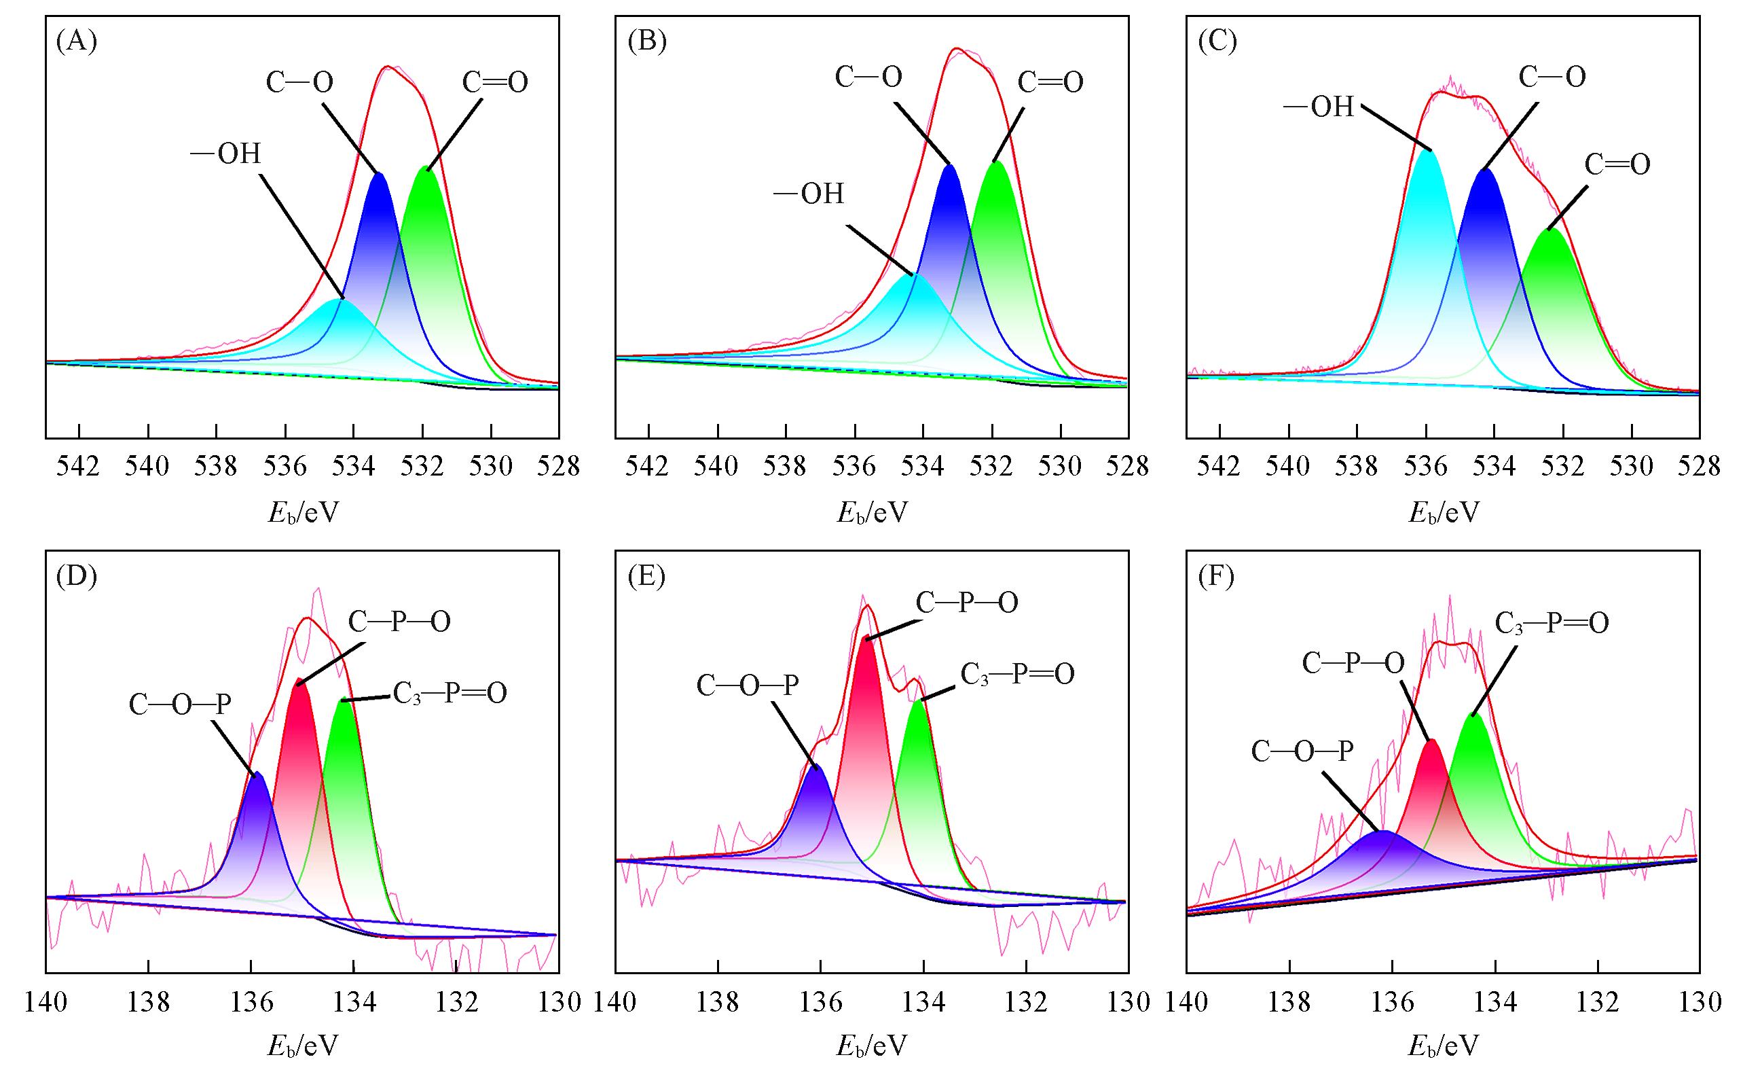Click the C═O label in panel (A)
click(x=495, y=83)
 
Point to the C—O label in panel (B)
click(x=868, y=77)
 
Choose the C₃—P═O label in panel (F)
click(x=1552, y=624)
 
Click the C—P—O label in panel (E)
click(x=967, y=603)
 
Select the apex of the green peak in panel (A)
click(x=426, y=168)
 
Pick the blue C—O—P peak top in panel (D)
click(x=257, y=774)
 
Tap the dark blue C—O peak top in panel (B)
click(x=949, y=166)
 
